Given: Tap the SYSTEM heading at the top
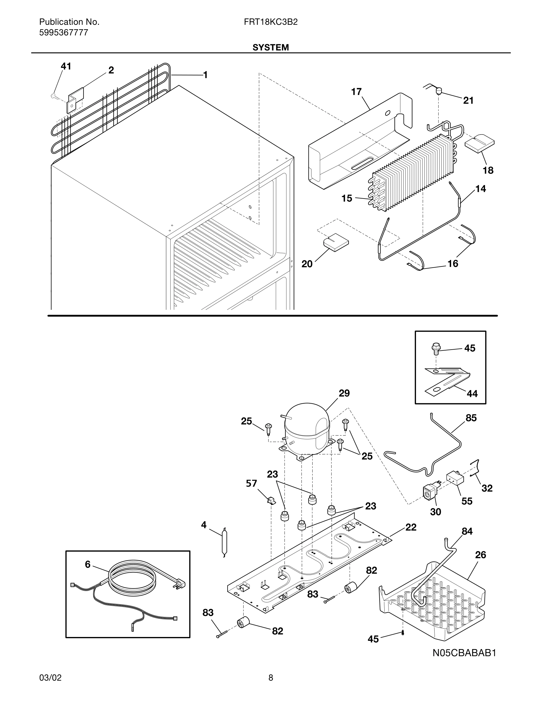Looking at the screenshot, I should [x=270, y=48].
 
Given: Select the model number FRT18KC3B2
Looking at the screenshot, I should [x=270, y=22].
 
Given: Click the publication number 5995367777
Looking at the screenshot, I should [x=63, y=33].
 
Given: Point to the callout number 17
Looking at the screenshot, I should [x=356, y=92].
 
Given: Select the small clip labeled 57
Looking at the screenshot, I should [x=271, y=500].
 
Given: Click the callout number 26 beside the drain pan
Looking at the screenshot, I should [x=480, y=555].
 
